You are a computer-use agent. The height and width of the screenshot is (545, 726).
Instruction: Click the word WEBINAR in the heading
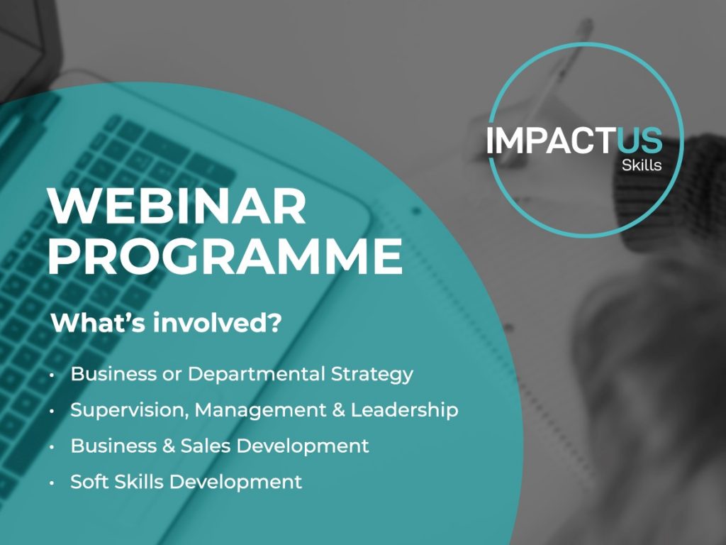177,206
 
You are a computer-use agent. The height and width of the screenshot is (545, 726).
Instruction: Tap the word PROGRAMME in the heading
225,256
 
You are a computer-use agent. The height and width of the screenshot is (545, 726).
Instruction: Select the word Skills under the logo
641,165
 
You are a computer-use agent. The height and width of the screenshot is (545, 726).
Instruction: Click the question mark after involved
274,323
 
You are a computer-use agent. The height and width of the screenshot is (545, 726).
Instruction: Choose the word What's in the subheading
99,323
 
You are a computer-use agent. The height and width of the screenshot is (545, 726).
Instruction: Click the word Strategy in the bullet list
372,375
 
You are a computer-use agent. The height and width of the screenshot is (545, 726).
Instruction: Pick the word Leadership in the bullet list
405,411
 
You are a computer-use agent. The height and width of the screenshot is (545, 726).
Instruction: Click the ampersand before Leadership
339,410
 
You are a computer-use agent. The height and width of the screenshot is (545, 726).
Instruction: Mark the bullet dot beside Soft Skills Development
52,483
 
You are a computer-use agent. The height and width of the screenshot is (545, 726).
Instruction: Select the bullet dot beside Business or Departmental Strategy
52,375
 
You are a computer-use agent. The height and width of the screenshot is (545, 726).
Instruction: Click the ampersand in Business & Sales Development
169,446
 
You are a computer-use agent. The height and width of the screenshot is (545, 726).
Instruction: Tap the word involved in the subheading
211,323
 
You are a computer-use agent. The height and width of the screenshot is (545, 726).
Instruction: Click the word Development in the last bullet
235,483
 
